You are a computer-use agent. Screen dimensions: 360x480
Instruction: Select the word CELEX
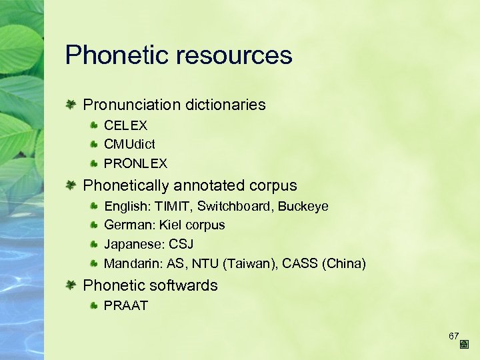[126, 125]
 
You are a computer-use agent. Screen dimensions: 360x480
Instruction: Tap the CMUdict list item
[130, 144]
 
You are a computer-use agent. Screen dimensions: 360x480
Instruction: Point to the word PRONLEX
[135, 163]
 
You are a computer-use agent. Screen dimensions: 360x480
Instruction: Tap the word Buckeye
[303, 207]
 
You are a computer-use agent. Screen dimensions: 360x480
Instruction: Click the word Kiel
[171, 225]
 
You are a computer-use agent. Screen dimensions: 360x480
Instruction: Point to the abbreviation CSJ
[180, 244]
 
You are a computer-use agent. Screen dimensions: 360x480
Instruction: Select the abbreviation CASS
[300, 263]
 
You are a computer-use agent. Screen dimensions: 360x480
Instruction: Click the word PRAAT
[126, 306]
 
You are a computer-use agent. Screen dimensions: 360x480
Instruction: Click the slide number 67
[454, 335]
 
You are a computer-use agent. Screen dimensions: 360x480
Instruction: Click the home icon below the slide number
[464, 345]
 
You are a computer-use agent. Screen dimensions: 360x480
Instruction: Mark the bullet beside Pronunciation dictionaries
[71, 105]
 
